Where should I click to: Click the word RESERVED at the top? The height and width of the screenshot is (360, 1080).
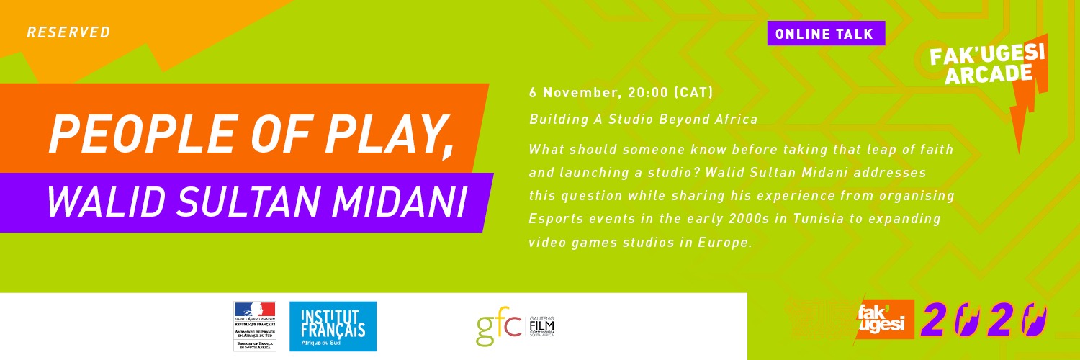click(68, 32)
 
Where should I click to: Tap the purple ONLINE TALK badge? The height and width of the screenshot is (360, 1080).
click(826, 34)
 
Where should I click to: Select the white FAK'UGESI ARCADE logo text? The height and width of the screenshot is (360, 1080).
click(986, 63)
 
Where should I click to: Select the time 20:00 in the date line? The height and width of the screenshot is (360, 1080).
click(650, 93)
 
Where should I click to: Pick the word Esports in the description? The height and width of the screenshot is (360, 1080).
click(556, 218)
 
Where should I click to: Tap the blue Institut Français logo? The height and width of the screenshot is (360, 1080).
click(333, 326)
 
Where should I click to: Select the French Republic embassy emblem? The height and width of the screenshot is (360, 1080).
click(254, 326)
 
